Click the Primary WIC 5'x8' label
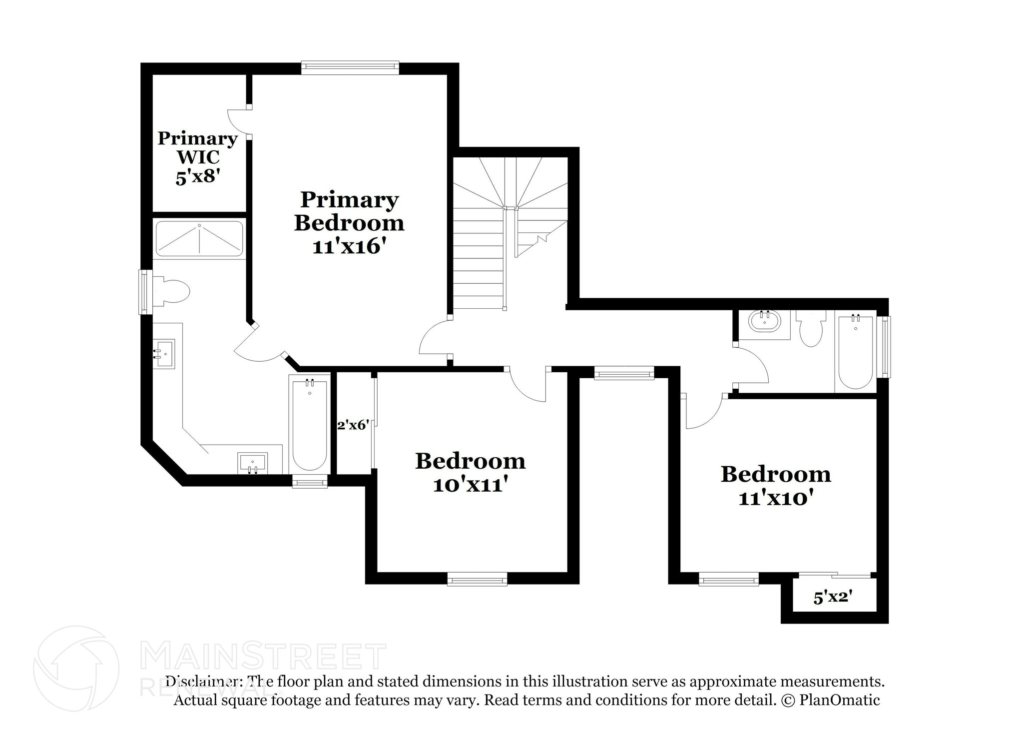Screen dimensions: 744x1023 [197, 157]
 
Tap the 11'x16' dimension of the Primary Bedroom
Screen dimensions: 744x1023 [349, 247]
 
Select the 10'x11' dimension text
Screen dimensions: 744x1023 [470, 485]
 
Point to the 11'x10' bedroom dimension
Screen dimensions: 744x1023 [776, 498]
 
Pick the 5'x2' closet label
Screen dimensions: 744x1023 [833, 598]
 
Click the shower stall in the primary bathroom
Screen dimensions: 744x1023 [199, 238]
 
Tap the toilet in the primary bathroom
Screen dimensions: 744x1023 [172, 291]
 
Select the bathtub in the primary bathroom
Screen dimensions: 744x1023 [310, 425]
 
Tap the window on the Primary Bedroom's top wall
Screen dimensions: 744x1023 [350, 67]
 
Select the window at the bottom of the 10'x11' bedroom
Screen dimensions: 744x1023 [477, 580]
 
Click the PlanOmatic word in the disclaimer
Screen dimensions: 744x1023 [839, 700]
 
